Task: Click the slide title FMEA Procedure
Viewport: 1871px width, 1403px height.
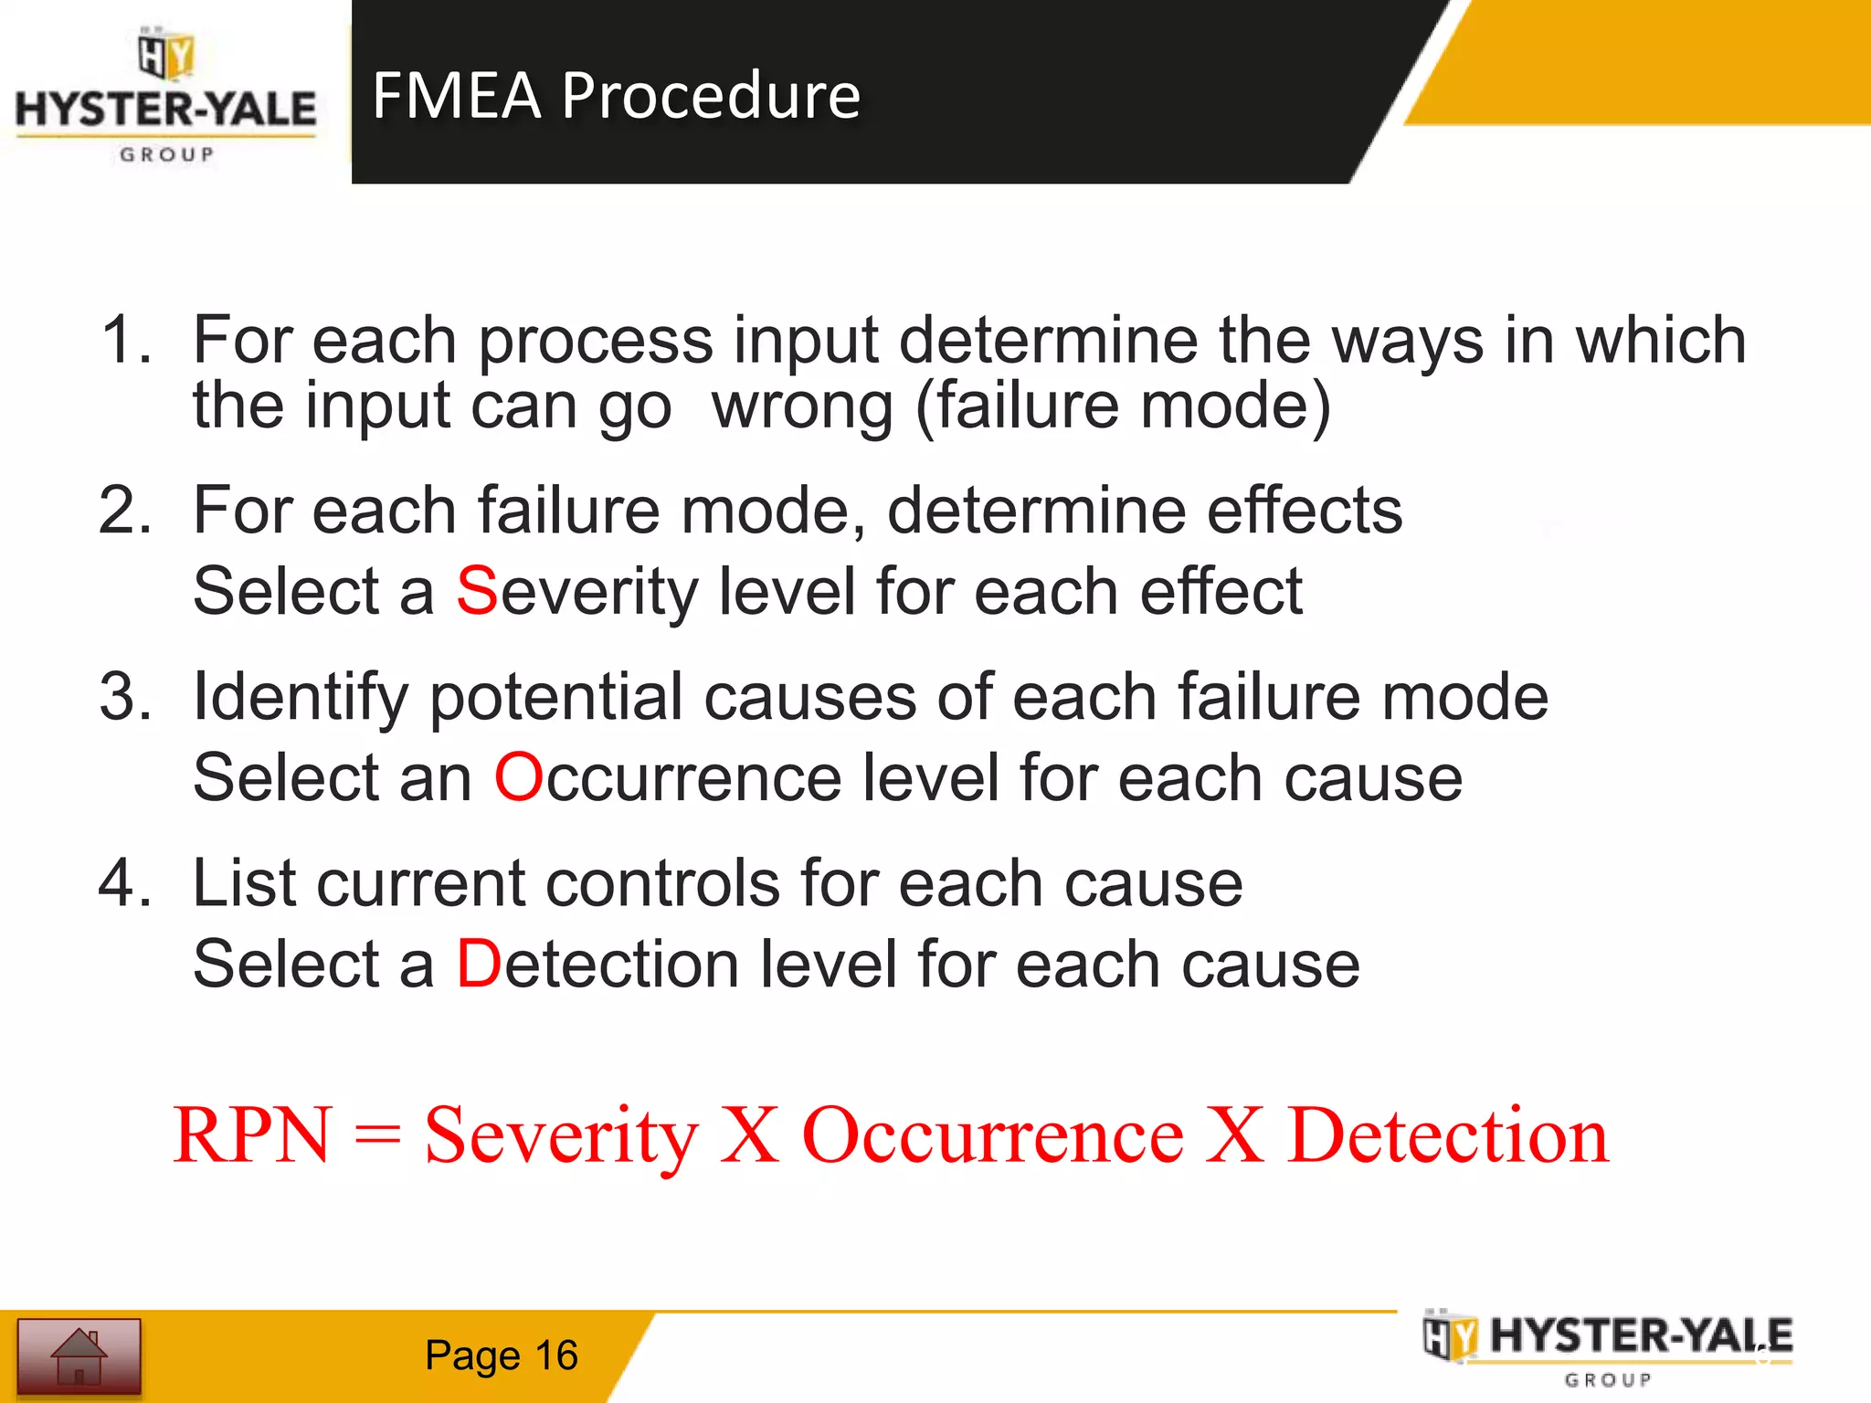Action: pos(616,95)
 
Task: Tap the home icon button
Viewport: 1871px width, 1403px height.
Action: pos(79,1356)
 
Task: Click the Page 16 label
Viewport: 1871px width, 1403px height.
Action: pos(501,1356)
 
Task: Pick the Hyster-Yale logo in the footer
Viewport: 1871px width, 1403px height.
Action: pos(1608,1349)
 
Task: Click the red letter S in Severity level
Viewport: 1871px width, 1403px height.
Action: pos(477,591)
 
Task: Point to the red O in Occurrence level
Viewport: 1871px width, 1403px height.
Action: pos(519,777)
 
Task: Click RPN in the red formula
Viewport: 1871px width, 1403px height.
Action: pos(252,1134)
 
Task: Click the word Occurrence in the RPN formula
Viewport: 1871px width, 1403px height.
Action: pos(992,1134)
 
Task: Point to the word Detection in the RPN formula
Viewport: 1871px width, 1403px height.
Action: pos(1447,1134)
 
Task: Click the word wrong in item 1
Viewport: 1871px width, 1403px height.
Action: pos(802,406)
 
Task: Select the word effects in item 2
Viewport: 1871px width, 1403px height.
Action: pos(1304,510)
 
